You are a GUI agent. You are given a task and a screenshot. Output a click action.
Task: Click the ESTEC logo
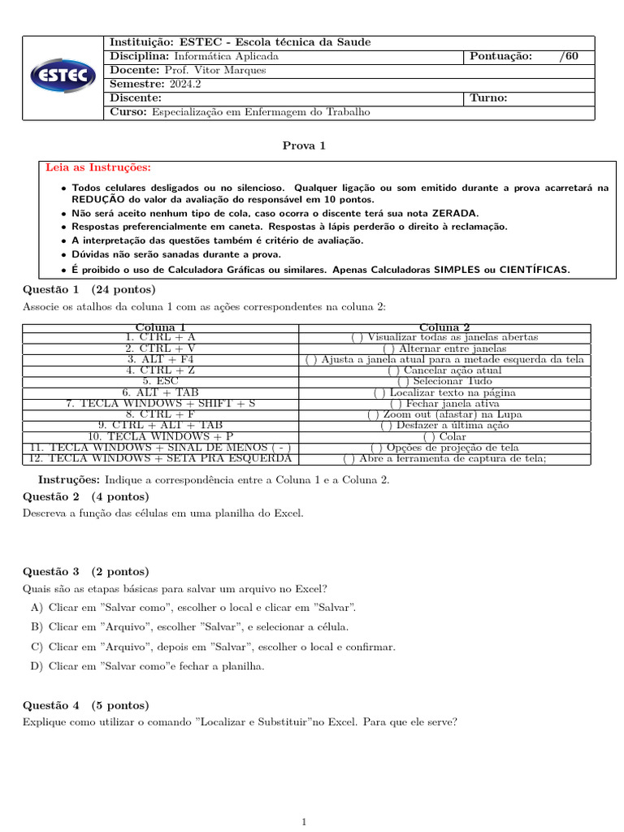click(x=64, y=78)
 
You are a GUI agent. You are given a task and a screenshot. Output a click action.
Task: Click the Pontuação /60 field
click(x=530, y=56)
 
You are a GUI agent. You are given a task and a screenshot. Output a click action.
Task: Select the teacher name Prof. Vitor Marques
click(x=214, y=70)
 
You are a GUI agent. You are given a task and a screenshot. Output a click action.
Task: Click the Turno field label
click(x=488, y=97)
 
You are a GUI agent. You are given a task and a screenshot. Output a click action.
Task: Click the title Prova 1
click(x=304, y=145)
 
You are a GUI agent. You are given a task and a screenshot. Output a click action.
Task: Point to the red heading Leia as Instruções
click(x=98, y=167)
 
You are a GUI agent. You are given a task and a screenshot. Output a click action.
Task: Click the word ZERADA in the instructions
click(x=454, y=213)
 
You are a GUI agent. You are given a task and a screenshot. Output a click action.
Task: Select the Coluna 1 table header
click(x=160, y=327)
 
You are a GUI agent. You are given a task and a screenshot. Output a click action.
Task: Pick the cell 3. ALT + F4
click(x=160, y=359)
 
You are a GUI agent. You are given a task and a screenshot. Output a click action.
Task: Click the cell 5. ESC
click(x=160, y=381)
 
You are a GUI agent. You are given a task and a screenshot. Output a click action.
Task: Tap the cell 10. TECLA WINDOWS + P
click(x=160, y=436)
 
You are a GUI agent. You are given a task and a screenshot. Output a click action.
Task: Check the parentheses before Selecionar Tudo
click(x=402, y=381)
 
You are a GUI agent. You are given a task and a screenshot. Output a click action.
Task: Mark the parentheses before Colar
click(x=428, y=436)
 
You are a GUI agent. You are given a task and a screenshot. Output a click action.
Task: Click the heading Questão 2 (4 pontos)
click(x=86, y=496)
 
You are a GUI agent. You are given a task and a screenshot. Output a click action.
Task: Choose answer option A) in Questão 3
click(x=36, y=608)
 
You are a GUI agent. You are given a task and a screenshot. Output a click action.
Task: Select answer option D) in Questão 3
click(x=36, y=666)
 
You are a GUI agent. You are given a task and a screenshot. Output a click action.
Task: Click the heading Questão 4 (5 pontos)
click(x=86, y=705)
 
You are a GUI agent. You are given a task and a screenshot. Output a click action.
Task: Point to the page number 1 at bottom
click(x=304, y=822)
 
